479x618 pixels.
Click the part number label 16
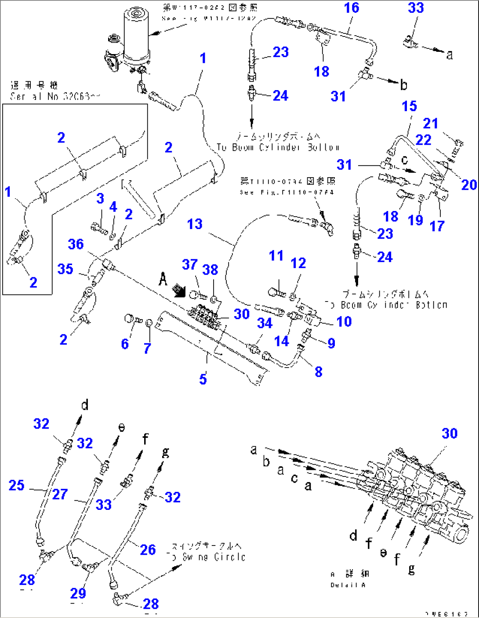tap(351, 8)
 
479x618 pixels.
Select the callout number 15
tap(409, 106)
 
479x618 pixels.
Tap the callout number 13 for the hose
tap(195, 224)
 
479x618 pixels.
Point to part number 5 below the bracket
tap(203, 379)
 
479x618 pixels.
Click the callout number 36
tap(76, 244)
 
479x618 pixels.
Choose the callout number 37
tap(189, 265)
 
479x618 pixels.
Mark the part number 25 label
tap(17, 485)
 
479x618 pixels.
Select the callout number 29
tap(78, 593)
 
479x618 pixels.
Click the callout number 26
tap(148, 549)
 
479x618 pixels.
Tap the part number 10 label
tap(344, 322)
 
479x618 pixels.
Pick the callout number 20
tap(468, 185)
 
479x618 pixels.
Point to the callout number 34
tap(265, 324)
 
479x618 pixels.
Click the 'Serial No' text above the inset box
tap(55, 96)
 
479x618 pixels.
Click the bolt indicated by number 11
tap(276, 292)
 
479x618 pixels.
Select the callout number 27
tap(60, 494)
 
